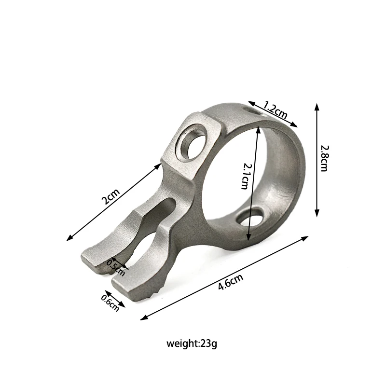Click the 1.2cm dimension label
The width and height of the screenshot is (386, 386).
[x=275, y=110]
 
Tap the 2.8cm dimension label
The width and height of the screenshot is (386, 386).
[x=324, y=158]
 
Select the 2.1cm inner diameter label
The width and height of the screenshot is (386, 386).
[x=245, y=176]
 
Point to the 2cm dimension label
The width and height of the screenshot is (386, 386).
[x=110, y=196]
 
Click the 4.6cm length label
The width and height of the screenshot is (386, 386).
[x=231, y=282]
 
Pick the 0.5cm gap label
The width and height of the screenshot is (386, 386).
[x=116, y=268]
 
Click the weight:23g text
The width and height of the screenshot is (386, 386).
[x=192, y=344]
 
